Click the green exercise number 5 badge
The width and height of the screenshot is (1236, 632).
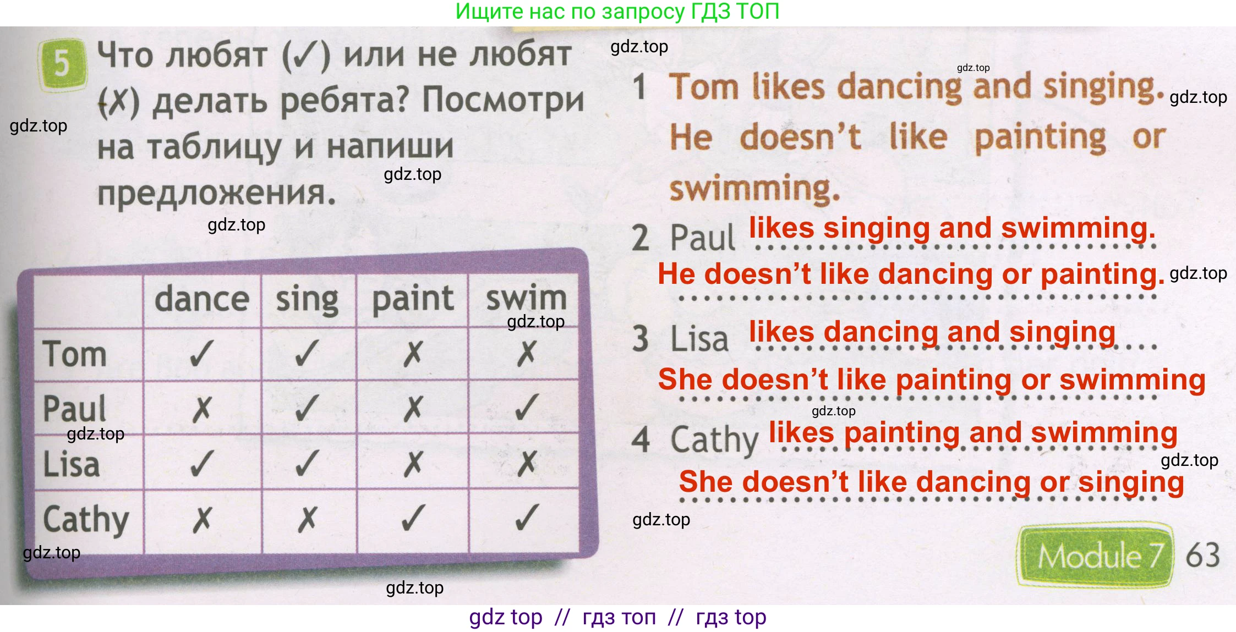pyautogui.click(x=62, y=64)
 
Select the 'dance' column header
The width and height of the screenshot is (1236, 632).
pyautogui.click(x=201, y=299)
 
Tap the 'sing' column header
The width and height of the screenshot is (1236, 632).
pyautogui.click(x=307, y=300)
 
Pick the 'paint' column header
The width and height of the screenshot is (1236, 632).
pyautogui.click(x=413, y=299)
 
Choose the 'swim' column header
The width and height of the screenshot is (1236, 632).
pyautogui.click(x=526, y=298)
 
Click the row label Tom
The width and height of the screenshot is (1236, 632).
pyautogui.click(x=75, y=354)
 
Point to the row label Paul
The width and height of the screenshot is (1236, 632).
pyautogui.click(x=75, y=409)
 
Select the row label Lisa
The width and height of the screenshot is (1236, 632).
pyautogui.click(x=72, y=464)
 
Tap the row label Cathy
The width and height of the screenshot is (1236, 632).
pyautogui.click(x=86, y=520)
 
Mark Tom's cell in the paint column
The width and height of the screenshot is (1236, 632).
pyautogui.click(x=413, y=354)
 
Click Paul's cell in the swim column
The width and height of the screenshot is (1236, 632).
pyautogui.click(x=526, y=408)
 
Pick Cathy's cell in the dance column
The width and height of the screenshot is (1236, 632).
pyautogui.click(x=201, y=519)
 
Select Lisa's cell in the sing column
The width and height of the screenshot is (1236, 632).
pyautogui.click(x=307, y=463)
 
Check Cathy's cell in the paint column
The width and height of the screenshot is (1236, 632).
pyautogui.click(x=413, y=518)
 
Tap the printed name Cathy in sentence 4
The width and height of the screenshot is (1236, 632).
pyautogui.click(x=714, y=441)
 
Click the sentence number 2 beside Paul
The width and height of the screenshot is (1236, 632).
pyautogui.click(x=641, y=238)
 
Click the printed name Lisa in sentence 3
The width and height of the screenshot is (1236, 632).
pyautogui.click(x=699, y=339)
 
